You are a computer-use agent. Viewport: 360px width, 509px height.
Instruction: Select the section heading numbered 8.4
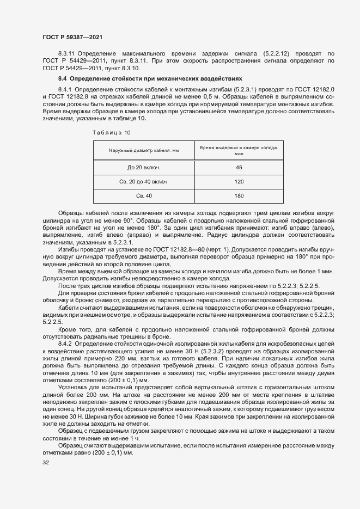click(135, 79)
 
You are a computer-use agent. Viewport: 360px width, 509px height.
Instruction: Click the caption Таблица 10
click(112, 132)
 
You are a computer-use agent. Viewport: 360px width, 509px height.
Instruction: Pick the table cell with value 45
click(239, 168)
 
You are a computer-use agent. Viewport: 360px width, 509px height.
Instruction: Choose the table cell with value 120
click(239, 181)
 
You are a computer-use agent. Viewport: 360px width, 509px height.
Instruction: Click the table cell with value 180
click(239, 195)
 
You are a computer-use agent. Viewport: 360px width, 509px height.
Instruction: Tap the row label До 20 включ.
click(144, 168)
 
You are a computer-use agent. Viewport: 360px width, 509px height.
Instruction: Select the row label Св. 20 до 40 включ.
click(144, 181)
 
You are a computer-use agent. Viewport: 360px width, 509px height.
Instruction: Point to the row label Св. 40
click(144, 195)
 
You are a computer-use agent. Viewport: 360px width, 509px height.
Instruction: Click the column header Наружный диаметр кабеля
click(144, 150)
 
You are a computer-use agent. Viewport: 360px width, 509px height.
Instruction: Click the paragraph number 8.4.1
click(65, 89)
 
